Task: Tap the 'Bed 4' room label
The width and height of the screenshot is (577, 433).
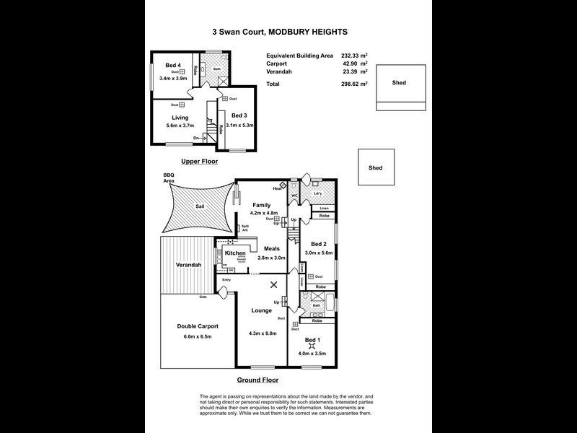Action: point(173,65)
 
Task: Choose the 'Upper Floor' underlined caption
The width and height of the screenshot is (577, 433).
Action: point(199,161)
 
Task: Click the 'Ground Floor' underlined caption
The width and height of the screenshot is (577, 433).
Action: point(257,380)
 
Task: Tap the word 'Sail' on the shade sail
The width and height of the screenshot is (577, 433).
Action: point(200,207)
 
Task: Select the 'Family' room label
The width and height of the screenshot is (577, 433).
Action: point(261,206)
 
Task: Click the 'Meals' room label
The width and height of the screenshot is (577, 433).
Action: point(272,249)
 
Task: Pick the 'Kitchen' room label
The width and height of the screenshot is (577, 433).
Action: point(235,254)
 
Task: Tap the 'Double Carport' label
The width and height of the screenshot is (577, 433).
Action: point(198,326)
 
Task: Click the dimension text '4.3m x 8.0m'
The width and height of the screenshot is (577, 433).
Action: point(261,333)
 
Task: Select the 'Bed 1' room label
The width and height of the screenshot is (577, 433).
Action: point(312,339)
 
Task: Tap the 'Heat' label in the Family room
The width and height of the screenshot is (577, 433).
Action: point(277,188)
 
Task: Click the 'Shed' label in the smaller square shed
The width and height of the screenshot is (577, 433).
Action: point(375,168)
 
